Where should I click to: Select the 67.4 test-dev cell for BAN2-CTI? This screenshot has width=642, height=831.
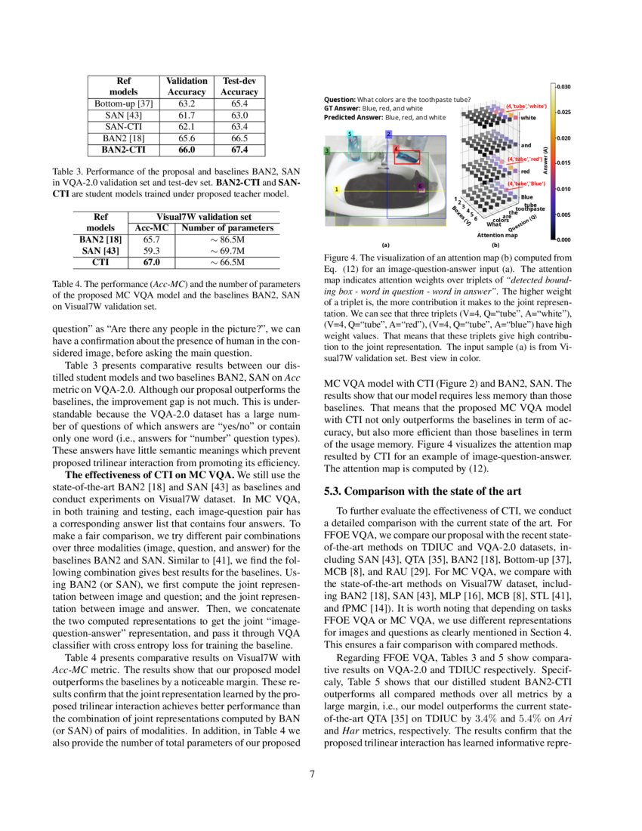coord(239,150)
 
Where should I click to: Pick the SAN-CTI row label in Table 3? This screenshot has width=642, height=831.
coord(124,127)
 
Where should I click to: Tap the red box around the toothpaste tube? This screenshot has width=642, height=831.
coord(408,157)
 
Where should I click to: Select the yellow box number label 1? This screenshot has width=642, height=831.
coord(335,189)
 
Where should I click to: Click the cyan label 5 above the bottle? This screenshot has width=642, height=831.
coord(350,134)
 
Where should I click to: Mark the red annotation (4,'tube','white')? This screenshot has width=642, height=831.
coord(526,107)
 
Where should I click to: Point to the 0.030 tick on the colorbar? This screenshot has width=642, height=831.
coord(563,88)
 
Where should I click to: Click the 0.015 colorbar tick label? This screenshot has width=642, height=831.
coord(563,163)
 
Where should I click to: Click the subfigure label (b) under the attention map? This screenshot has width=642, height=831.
coord(495,245)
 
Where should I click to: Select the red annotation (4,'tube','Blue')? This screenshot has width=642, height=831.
coord(526,184)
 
